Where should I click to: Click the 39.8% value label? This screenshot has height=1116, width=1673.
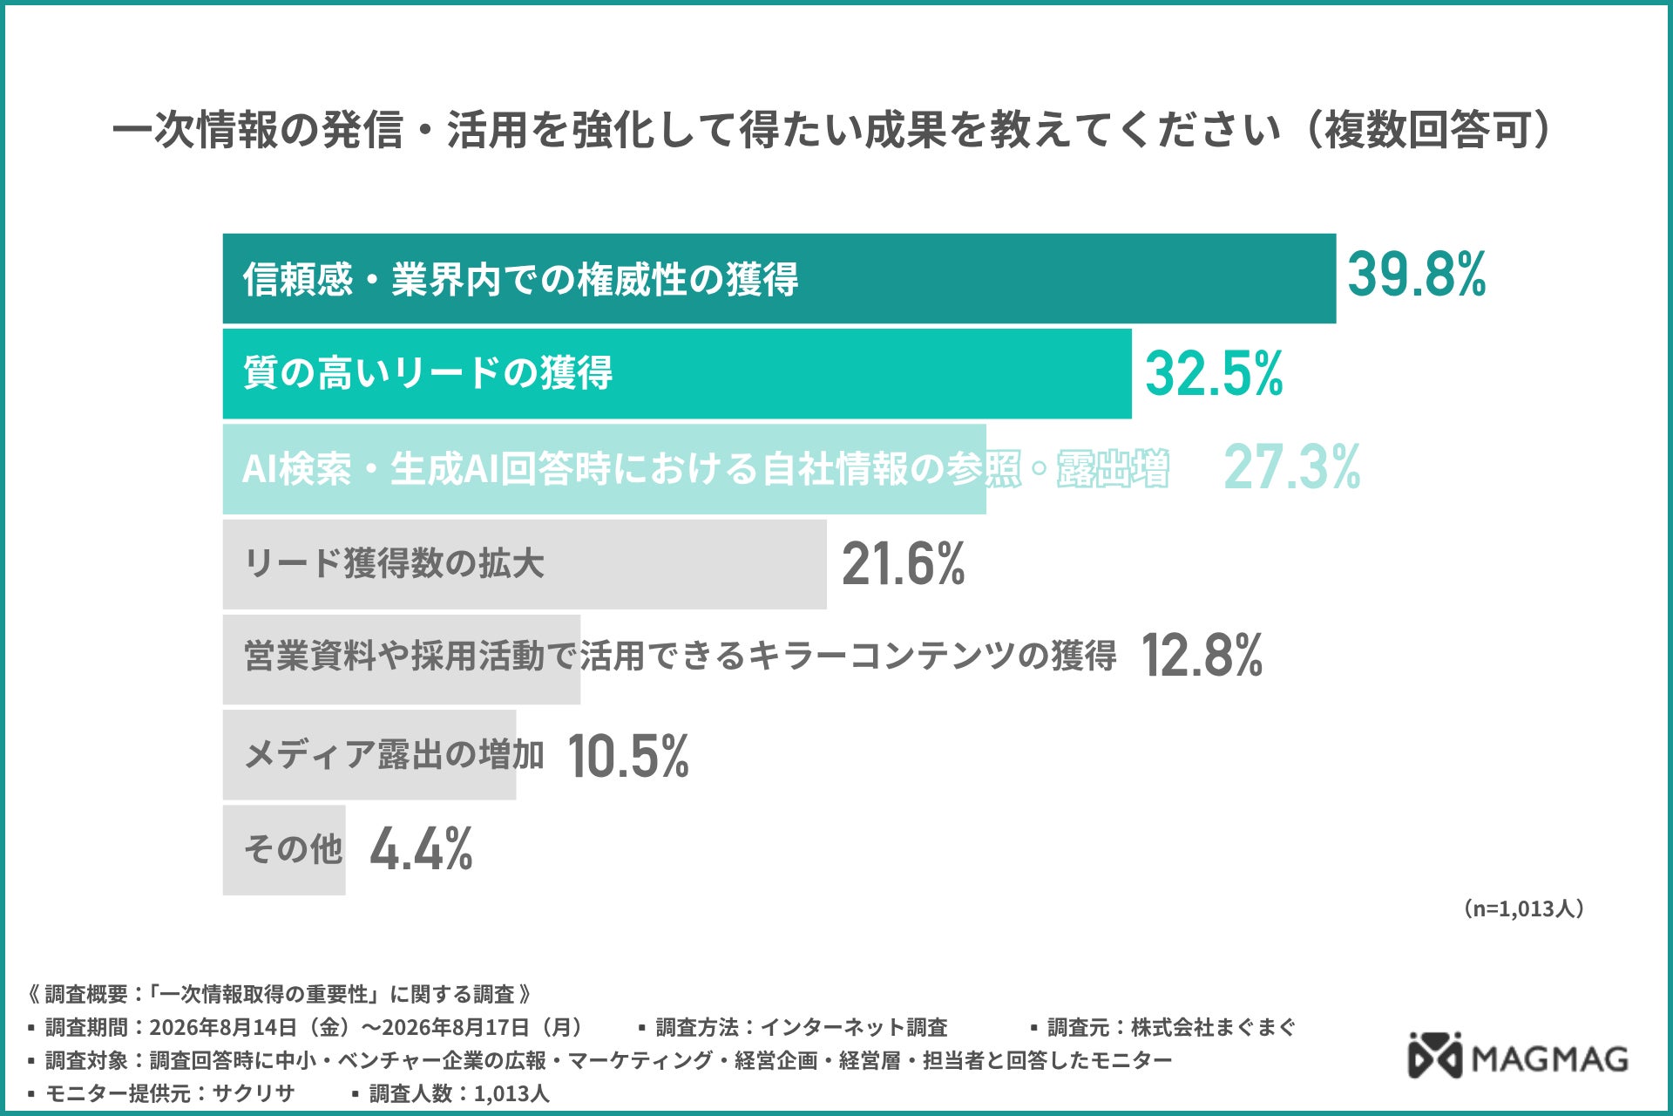(x=1417, y=275)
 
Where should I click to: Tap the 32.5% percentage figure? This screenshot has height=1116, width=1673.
(x=1214, y=373)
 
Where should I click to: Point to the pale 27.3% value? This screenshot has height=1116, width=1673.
(x=1292, y=467)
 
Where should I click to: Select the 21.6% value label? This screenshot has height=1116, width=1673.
(x=904, y=563)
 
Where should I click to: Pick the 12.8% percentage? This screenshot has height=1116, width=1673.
(x=1202, y=656)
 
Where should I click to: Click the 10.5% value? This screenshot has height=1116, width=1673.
(x=628, y=755)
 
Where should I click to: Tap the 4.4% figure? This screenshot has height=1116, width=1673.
(x=422, y=849)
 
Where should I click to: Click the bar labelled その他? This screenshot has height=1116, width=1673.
(x=284, y=850)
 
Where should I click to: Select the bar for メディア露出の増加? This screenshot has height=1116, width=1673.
(x=369, y=755)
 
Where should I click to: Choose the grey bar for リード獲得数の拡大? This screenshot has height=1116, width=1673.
(x=525, y=564)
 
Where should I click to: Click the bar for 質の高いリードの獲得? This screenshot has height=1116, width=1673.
(x=677, y=374)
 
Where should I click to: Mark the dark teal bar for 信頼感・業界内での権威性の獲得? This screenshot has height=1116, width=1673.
(x=779, y=279)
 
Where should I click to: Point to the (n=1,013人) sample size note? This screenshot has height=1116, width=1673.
(x=1523, y=908)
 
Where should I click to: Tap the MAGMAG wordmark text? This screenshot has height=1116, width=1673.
(x=1550, y=1058)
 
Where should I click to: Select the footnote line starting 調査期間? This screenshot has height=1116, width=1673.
(x=306, y=1027)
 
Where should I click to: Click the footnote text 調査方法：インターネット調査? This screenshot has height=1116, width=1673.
(x=793, y=1027)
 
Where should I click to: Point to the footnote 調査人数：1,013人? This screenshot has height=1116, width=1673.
(x=451, y=1093)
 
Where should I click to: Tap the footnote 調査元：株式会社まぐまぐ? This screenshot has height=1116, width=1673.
(x=1163, y=1027)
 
